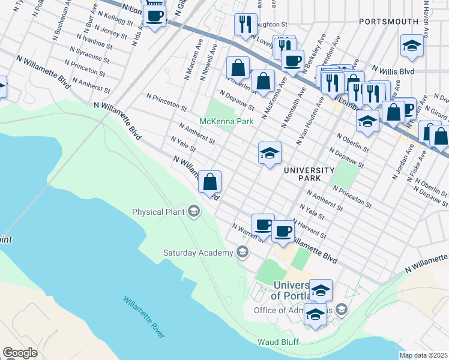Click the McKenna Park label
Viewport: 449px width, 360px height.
tap(226, 121)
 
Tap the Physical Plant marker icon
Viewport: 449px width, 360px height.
tap(194, 211)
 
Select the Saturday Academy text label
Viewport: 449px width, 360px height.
tap(197, 253)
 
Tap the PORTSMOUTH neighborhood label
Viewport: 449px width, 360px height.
tap(388, 22)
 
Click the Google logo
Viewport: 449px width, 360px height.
tap(20, 353)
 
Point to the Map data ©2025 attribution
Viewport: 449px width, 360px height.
tap(423, 355)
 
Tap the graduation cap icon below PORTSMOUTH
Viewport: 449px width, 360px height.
tap(412, 46)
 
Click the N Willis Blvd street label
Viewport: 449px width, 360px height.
tap(393, 70)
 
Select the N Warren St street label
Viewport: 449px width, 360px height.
tap(247, 231)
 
